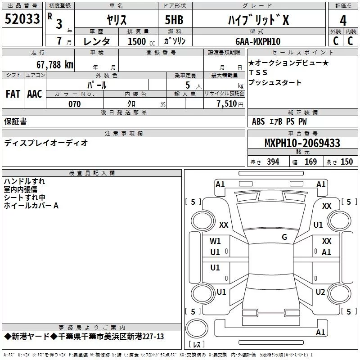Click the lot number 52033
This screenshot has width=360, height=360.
click(22, 19)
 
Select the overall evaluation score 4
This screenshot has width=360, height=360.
click(343, 20)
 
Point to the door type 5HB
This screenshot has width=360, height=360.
click(175, 20)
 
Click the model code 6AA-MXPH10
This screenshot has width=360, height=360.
click(257, 41)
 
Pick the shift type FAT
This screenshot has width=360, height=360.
click(13, 94)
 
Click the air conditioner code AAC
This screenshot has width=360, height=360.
click(35, 94)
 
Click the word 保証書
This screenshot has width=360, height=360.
click(15, 121)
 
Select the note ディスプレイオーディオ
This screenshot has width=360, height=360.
click(46, 143)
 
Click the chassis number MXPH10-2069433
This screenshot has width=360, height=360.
click(302, 144)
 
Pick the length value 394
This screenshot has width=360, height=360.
click(272, 162)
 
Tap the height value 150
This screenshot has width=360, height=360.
click(346, 162)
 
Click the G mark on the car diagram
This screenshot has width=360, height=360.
click(284, 237)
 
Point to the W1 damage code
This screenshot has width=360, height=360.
click(215, 241)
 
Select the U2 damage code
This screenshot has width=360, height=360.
click(320, 292)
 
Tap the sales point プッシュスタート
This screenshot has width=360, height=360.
click(274, 83)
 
